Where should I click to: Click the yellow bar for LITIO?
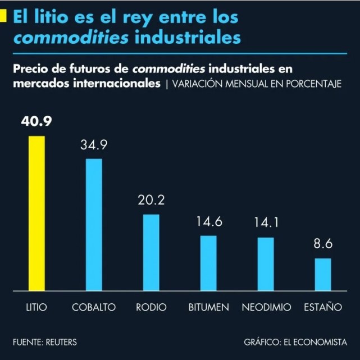tap(37, 213)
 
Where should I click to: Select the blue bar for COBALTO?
tap(94, 225)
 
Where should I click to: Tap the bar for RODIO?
tap(151, 253)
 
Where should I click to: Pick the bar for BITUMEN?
tap(208, 263)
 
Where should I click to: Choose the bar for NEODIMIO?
tap(266, 264)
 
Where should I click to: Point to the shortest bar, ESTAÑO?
tap(323, 275)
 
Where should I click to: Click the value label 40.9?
tap(37, 122)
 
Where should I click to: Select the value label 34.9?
tap(94, 145)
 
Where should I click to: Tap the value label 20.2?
tap(151, 200)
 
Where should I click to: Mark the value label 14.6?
tap(209, 222)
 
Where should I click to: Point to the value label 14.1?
tap(266, 223)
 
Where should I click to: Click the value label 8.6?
tap(323, 245)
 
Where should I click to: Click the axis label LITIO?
tap(37, 308)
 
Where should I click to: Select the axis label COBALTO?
tap(94, 308)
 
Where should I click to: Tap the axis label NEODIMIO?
tap(266, 308)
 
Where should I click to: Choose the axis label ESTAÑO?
tap(323, 307)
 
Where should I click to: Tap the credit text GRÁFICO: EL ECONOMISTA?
tap(295, 341)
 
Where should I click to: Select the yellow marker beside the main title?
tap(3, 17)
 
